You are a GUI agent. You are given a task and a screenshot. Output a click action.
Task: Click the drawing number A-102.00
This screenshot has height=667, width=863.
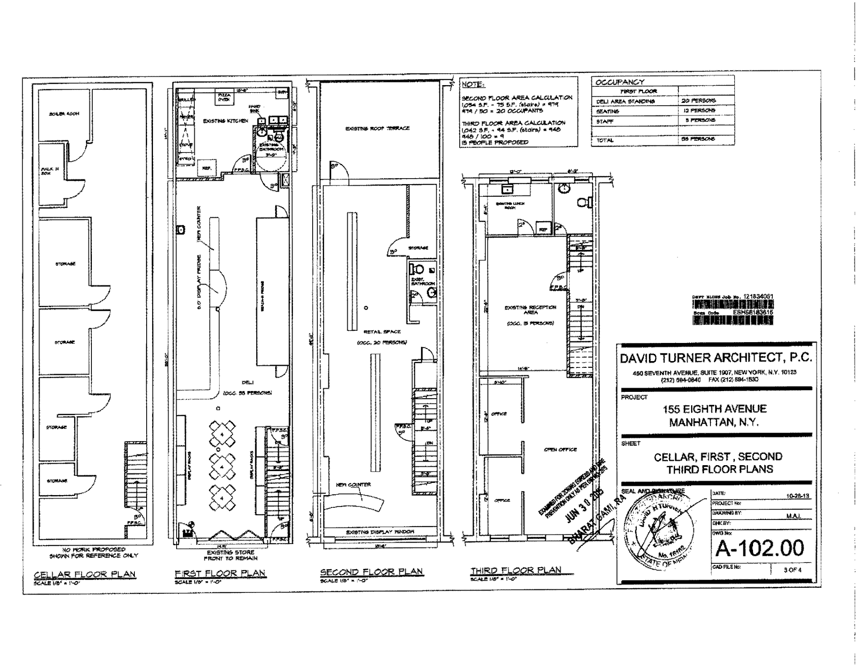point(760,548)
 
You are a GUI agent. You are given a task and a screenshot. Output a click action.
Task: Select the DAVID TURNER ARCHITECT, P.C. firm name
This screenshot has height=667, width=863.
point(716,358)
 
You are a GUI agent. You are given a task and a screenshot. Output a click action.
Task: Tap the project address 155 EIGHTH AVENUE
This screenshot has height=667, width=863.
point(714,409)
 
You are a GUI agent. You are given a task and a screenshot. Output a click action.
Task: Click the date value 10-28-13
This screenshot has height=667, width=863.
point(798,496)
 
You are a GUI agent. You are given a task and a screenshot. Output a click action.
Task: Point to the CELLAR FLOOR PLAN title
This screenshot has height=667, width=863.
point(85,574)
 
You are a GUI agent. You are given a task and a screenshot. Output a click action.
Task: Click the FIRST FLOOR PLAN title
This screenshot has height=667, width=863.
point(220,573)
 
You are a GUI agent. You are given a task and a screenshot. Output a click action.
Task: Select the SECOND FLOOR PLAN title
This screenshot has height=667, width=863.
point(371,572)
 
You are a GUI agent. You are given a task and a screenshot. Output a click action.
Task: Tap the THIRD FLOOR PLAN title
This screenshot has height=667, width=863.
point(516,570)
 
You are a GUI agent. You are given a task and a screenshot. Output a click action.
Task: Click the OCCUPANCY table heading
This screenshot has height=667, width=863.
point(619,82)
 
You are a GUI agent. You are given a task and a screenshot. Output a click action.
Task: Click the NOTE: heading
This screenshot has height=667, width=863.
point(472,85)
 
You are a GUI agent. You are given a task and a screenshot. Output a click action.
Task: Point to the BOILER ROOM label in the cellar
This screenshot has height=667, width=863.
point(64,114)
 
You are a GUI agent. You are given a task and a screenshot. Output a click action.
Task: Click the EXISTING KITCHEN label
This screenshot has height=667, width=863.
point(225,121)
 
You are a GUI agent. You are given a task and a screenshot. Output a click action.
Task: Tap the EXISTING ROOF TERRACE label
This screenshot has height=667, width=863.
point(377,128)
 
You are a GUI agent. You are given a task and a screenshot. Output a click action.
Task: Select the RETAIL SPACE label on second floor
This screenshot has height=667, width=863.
point(382,332)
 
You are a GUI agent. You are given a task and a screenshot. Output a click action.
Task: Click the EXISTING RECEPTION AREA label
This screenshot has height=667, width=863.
point(530,310)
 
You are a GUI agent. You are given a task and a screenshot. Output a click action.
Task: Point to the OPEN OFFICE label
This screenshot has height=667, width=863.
point(560,450)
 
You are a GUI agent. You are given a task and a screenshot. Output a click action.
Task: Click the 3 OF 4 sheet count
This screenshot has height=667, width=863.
point(792,570)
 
